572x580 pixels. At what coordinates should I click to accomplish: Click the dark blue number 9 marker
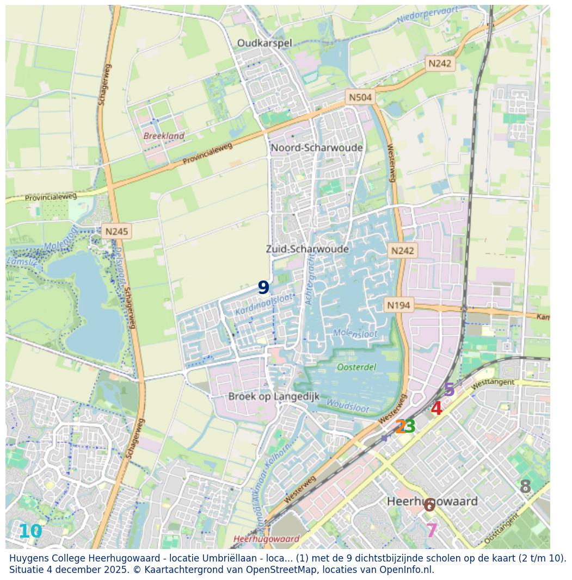[263, 288]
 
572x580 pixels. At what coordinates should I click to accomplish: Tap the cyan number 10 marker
[30, 532]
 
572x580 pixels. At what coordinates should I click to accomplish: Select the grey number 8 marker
[525, 487]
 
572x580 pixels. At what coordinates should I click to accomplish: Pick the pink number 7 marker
[432, 530]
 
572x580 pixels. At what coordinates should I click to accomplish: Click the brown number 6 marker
[429, 505]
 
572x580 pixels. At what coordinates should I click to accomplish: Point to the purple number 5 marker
[449, 390]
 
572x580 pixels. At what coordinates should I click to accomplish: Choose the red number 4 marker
[436, 408]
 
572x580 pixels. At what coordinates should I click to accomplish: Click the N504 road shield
[360, 97]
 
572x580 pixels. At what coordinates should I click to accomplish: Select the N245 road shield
[116, 232]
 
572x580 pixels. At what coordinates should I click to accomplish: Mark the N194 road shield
[398, 305]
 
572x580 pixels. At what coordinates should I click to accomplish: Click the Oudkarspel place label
[265, 43]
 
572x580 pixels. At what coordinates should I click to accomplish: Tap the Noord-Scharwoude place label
[317, 148]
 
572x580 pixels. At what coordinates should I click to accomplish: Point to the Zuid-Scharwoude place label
[307, 249]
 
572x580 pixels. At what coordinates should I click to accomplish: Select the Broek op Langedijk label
[274, 396]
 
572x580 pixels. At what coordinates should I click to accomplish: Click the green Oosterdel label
[356, 367]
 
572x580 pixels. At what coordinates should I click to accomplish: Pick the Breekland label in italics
[164, 136]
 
